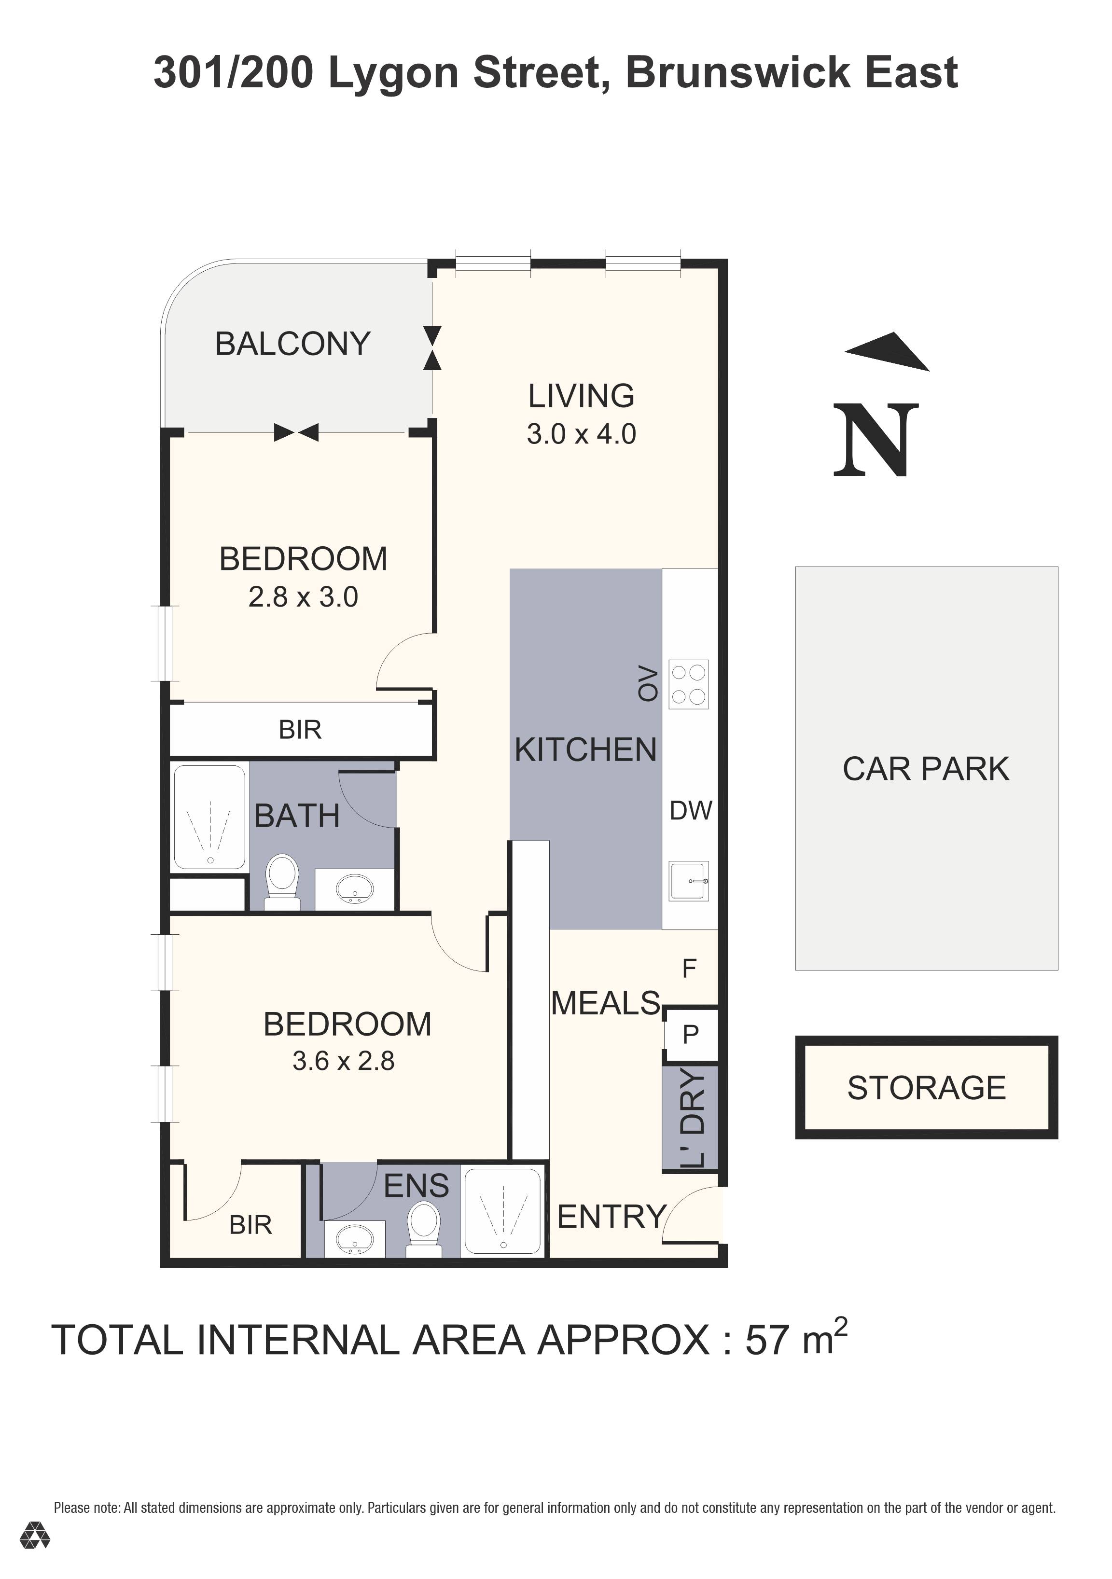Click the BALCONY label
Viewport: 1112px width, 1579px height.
[x=292, y=344]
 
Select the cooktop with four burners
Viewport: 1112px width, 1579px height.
[x=688, y=684]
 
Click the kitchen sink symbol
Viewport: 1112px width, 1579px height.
[x=689, y=881]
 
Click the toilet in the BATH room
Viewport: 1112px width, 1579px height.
[x=282, y=880]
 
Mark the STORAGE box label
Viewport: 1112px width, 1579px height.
[x=926, y=1088]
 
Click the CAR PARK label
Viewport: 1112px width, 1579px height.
[x=926, y=769]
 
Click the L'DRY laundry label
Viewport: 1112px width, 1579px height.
[x=691, y=1118]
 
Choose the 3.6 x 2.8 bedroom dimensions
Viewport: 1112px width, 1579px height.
[x=343, y=1061]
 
